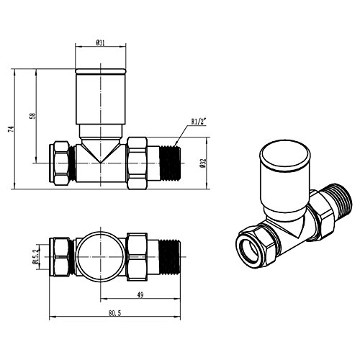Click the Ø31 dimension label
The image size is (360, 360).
pos(100,43)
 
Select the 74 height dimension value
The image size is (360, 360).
pos(11,129)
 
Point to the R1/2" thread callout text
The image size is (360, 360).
pos(199,122)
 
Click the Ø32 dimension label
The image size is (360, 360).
pos(204,163)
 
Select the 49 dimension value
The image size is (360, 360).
pos(140,294)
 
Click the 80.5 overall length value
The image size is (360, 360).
pos(114,313)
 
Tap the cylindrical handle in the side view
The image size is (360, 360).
pos(101,97)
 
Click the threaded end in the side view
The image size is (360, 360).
pos(170,163)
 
